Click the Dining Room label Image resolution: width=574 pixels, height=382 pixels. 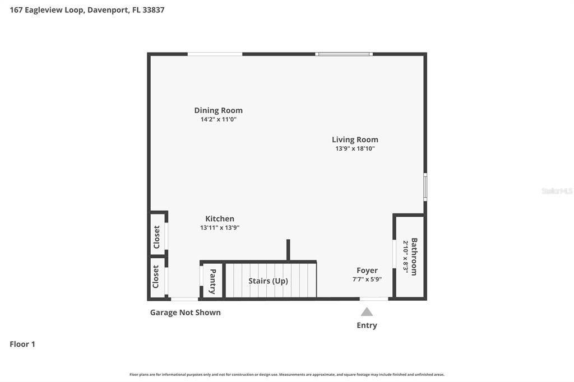pyautogui.click(x=218, y=110)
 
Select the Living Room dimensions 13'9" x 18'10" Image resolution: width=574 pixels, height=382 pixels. pyautogui.click(x=355, y=148)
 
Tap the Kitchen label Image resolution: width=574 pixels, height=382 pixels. pyautogui.click(x=220, y=218)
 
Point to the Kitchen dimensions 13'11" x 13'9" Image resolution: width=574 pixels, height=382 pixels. pyautogui.click(x=220, y=227)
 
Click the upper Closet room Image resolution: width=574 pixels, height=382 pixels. pyautogui.click(x=157, y=237)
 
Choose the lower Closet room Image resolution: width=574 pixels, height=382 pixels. pyautogui.click(x=156, y=277)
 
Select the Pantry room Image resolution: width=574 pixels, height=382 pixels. pyautogui.click(x=212, y=281)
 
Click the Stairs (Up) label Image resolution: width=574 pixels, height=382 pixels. pyautogui.click(x=268, y=281)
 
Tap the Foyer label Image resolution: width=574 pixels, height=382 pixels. pyautogui.click(x=367, y=271)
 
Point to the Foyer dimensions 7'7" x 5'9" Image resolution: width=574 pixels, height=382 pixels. pyautogui.click(x=367, y=279)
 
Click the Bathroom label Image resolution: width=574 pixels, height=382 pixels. pyautogui.click(x=414, y=257)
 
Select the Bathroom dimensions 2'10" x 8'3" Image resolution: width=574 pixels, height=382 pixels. pyautogui.click(x=405, y=257)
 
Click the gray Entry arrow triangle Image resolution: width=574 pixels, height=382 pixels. pyautogui.click(x=367, y=312)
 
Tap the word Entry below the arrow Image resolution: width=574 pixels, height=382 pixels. pyautogui.click(x=367, y=325)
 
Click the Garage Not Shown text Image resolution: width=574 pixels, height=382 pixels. pyautogui.click(x=185, y=313)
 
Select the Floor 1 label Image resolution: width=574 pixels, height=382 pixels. pyautogui.click(x=22, y=344)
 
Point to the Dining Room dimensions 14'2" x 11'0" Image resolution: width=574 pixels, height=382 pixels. pyautogui.click(x=218, y=119)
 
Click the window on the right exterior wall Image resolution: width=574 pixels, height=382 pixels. pyautogui.click(x=425, y=187)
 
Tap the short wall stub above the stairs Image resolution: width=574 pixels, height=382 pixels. pyautogui.click(x=288, y=250)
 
